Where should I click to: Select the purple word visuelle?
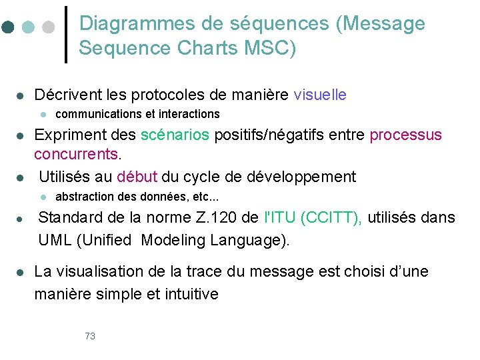pyautogui.click(x=320, y=95)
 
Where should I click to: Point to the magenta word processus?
pyautogui.click(x=405, y=135)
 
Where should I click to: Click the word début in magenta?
pyautogui.click(x=137, y=177)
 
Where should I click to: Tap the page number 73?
pyautogui.click(x=90, y=336)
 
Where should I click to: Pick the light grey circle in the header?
pyautogui.click(x=48, y=27)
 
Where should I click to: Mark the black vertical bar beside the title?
pyautogui.click(x=65, y=34)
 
